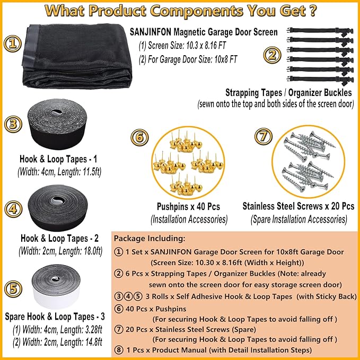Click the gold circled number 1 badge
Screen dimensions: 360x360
tap(13, 43)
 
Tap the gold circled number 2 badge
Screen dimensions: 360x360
tap(272, 55)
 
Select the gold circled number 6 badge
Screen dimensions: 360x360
tap(139, 137)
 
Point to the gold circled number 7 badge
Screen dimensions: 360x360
tap(264, 136)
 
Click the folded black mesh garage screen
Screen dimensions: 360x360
tap(77, 56)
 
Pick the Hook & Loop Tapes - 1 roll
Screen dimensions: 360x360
tap(57, 124)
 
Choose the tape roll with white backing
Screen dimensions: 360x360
tap(56, 286)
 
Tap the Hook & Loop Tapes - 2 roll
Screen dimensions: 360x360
tap(58, 208)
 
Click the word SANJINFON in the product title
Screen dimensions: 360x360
tap(151, 32)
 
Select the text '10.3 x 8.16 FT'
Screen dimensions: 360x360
tap(206, 46)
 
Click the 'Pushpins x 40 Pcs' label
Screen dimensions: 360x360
tap(188, 207)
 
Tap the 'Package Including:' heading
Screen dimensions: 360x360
tap(150, 238)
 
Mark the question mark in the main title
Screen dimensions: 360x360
tap(312, 11)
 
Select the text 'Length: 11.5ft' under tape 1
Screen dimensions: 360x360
tap(80, 172)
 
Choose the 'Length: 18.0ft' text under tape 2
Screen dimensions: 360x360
tap(81, 251)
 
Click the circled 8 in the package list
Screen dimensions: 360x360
tap(119, 350)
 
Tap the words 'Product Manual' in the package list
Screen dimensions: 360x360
tap(179, 350)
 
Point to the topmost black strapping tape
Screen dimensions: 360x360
tap(320, 31)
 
